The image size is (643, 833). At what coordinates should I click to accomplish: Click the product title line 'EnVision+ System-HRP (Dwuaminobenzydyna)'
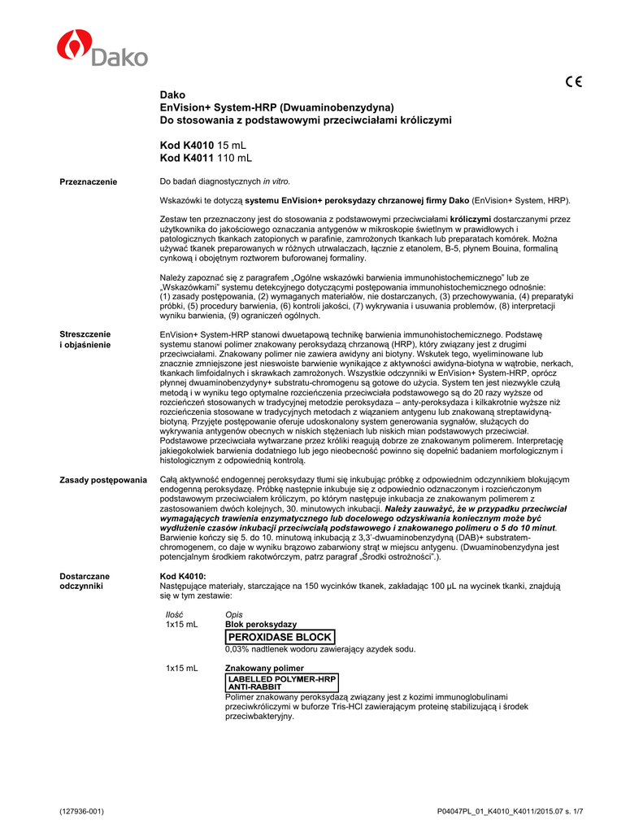tap(276, 107)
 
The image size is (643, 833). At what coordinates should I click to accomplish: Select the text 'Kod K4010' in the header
tap(187, 144)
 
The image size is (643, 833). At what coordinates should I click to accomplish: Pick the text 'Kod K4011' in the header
tap(187, 157)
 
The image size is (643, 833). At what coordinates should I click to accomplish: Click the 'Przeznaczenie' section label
tap(89, 181)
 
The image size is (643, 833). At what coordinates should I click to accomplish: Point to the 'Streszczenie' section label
tap(85, 334)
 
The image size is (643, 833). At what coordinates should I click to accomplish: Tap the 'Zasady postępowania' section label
tap(103, 480)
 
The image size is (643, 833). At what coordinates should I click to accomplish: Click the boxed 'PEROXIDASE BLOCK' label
tap(279, 637)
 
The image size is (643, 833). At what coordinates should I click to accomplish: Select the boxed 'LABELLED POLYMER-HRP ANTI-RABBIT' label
tap(280, 682)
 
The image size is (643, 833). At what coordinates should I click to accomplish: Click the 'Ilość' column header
tap(174, 614)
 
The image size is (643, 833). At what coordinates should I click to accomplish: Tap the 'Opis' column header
tap(233, 614)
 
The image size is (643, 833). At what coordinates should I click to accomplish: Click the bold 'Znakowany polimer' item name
tap(263, 668)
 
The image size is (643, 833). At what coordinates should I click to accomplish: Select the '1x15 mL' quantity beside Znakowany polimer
tap(181, 668)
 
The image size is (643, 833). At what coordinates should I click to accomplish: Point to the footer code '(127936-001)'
tap(82, 812)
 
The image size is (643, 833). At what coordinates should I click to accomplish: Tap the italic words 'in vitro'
tap(276, 181)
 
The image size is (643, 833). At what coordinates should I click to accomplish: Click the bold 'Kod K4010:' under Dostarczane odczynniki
tap(183, 576)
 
